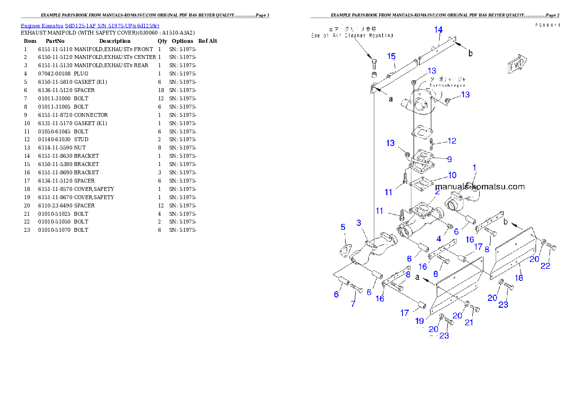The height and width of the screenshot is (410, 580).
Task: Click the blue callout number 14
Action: click(439, 29)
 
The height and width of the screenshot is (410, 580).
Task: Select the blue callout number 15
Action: click(391, 56)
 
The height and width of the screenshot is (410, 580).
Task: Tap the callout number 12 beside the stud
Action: click(452, 141)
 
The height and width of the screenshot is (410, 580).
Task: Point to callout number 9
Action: click(449, 159)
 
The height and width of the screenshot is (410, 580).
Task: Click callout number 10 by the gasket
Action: click(452, 175)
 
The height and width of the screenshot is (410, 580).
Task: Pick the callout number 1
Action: click(474, 168)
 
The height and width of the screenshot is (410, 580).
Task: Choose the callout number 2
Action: click(438, 192)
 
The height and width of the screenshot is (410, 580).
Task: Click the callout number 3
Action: click(359, 223)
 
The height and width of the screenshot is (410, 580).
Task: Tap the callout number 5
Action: click(343, 227)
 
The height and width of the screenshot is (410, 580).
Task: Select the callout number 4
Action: click(439, 239)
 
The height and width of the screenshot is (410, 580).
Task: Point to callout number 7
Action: click(353, 304)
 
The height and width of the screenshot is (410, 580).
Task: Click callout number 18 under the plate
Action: click(519, 278)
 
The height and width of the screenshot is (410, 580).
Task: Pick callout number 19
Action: click(419, 321)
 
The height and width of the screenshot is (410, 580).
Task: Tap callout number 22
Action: click(545, 265)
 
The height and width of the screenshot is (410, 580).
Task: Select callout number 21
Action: click(468, 322)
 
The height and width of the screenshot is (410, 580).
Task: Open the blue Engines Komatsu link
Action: click(90, 25)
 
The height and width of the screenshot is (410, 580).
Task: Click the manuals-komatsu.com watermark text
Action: click(480, 186)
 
